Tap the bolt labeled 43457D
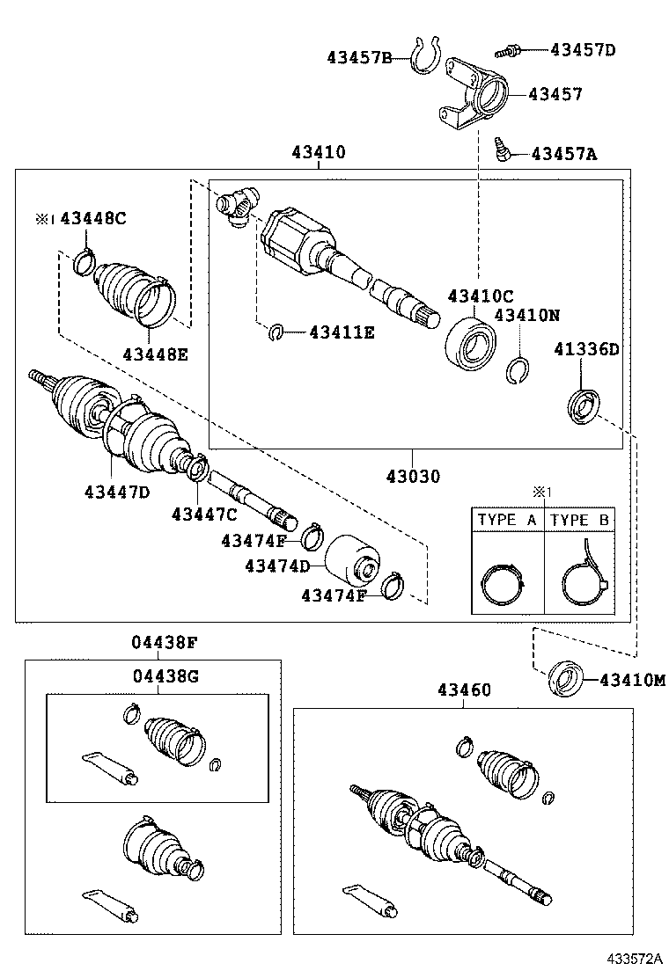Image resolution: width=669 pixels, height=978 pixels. [x=511, y=50]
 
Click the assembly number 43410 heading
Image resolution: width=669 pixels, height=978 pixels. [x=318, y=153]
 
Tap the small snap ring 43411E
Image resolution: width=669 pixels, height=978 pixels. [x=276, y=332]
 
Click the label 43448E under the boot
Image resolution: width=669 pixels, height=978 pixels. [x=156, y=354]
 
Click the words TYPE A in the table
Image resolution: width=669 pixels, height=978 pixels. [x=506, y=520]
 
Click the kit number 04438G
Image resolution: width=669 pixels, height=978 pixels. [x=165, y=675]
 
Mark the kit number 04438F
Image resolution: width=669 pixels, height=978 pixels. [x=165, y=643]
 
